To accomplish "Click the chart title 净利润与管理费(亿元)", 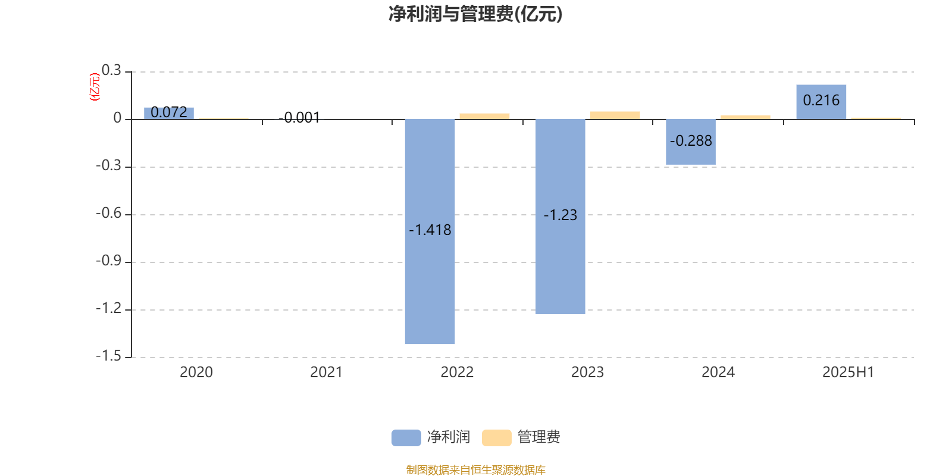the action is point(475,14).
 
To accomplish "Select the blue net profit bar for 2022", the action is point(430,231).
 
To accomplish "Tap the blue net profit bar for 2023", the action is point(560,217).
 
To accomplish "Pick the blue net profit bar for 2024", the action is point(691,142).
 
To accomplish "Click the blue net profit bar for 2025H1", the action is point(821,102).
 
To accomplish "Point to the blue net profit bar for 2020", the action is point(169,114).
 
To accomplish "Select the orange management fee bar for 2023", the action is point(615,115).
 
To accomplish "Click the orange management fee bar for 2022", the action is point(484,117).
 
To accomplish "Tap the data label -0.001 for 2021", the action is point(299,118).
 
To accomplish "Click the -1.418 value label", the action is point(430,230).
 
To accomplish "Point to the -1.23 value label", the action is point(560,215).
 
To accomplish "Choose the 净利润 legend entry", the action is point(431,437).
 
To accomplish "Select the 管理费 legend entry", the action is point(521,437).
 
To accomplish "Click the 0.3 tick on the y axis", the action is point(111,70).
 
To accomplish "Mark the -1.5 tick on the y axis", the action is point(108,356).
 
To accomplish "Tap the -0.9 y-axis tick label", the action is point(108,261).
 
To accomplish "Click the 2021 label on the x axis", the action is point(326,372).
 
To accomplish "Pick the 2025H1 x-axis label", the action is point(848,372).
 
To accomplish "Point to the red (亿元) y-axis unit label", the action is point(95,87).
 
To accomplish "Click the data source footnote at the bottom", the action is point(475,469).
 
